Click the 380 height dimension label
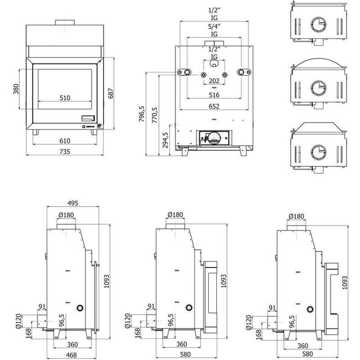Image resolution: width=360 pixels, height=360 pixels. pyautogui.click(x=16, y=89)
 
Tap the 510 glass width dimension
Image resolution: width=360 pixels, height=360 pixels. pyautogui.click(x=65, y=98)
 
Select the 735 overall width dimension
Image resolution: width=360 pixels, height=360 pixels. pyautogui.click(x=65, y=152)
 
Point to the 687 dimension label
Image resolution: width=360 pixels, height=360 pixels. pyautogui.click(x=111, y=94)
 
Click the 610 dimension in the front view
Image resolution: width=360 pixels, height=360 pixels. pyautogui.click(x=65, y=141)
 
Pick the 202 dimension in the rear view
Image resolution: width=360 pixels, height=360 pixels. pyautogui.click(x=214, y=81)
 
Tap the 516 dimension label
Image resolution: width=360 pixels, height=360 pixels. pyautogui.click(x=214, y=95)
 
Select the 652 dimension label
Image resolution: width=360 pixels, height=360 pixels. pyautogui.click(x=214, y=106)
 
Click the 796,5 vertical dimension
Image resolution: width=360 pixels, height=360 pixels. pyautogui.click(x=142, y=114)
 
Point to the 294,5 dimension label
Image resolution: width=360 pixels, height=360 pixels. pyautogui.click(x=165, y=140)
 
